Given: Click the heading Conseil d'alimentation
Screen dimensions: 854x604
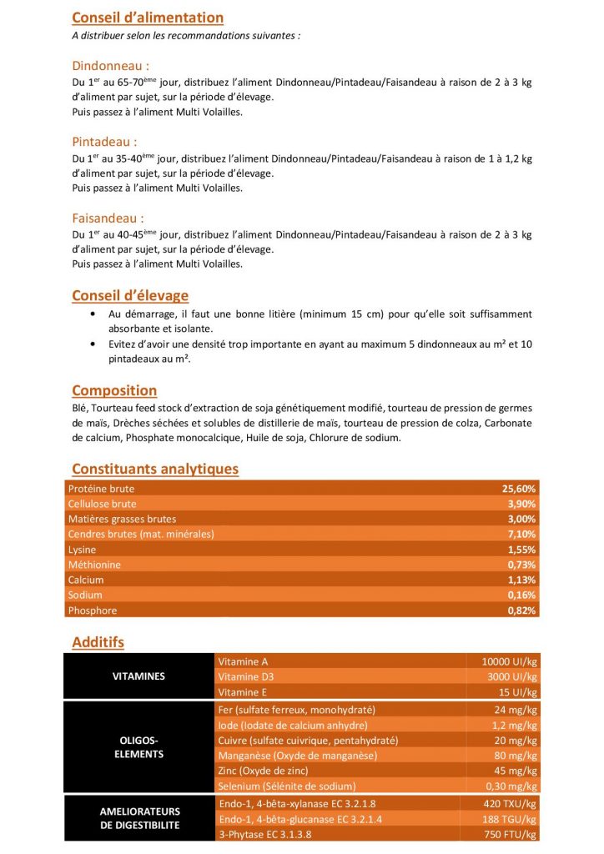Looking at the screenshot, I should click(148, 18).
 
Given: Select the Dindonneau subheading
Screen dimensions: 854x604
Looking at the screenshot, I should click(111, 65).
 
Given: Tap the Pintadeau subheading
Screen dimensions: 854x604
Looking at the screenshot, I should click(105, 142).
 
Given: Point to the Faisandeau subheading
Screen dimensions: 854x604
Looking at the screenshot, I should click(109, 218).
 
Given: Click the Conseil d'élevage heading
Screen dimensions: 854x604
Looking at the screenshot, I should click(130, 295).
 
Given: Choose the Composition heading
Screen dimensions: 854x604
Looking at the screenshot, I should click(114, 390).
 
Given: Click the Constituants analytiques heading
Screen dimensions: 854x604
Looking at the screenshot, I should click(155, 469).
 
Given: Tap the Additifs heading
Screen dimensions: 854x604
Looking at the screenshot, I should click(98, 642).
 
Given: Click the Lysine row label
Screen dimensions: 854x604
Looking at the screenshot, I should click(83, 550).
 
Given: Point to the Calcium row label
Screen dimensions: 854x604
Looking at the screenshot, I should click(86, 580).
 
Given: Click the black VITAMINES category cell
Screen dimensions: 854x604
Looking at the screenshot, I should click(138, 676).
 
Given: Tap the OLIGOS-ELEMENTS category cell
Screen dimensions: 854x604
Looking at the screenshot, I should click(138, 747).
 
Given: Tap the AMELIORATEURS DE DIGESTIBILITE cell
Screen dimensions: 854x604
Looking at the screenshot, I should click(138, 818).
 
